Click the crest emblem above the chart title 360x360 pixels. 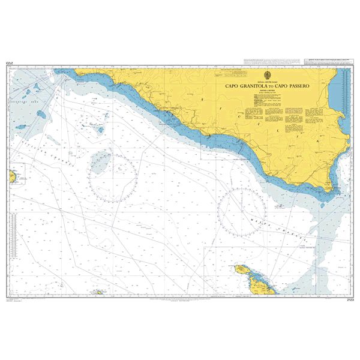[x=267, y=74]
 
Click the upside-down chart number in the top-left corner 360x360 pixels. [x=10, y=62]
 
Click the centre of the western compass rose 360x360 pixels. [x=112, y=178]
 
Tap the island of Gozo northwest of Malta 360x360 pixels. [x=243, y=271]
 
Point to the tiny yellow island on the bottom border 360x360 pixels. [x=97, y=293]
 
